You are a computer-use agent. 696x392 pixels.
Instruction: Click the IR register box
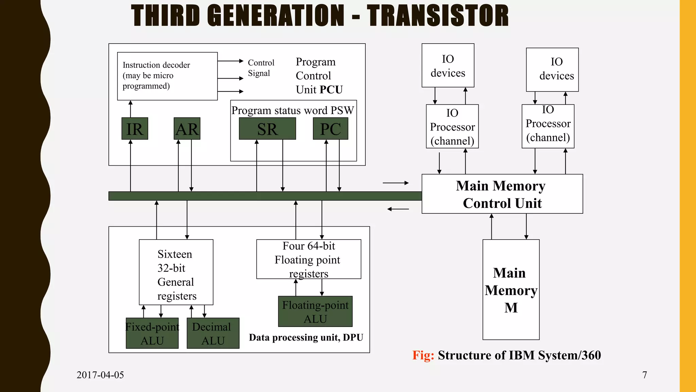pyautogui.click(x=135, y=129)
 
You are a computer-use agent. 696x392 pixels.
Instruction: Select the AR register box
pyautogui.click(x=187, y=129)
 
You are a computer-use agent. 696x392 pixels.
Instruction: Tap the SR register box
pyautogui.click(x=267, y=129)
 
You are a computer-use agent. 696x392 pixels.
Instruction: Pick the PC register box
pyautogui.click(x=330, y=129)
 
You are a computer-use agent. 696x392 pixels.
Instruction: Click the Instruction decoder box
pyautogui.click(x=167, y=76)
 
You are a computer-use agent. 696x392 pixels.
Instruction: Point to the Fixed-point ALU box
pyautogui.click(x=152, y=333)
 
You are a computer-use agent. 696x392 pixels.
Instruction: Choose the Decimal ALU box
pyautogui.click(x=213, y=333)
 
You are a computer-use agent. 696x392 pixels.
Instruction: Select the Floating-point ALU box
pyautogui.click(x=315, y=311)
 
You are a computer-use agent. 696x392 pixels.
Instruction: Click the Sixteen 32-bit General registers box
pyautogui.click(x=176, y=272)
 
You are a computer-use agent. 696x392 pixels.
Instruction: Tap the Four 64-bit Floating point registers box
pyautogui.click(x=309, y=259)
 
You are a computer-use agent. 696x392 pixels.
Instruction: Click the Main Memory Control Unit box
pyautogui.click(x=502, y=194)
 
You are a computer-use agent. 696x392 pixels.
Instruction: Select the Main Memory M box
pyautogui.click(x=511, y=290)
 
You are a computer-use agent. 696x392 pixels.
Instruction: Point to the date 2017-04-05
pyautogui.click(x=100, y=375)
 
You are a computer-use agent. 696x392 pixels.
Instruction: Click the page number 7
pyautogui.click(x=644, y=375)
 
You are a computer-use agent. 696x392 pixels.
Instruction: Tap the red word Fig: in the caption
pyautogui.click(x=423, y=355)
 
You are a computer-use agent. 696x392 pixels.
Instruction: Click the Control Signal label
pyautogui.click(x=261, y=68)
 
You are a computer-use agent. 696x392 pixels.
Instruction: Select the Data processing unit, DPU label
pyautogui.click(x=306, y=337)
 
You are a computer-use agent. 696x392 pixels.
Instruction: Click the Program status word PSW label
pyautogui.click(x=293, y=110)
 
